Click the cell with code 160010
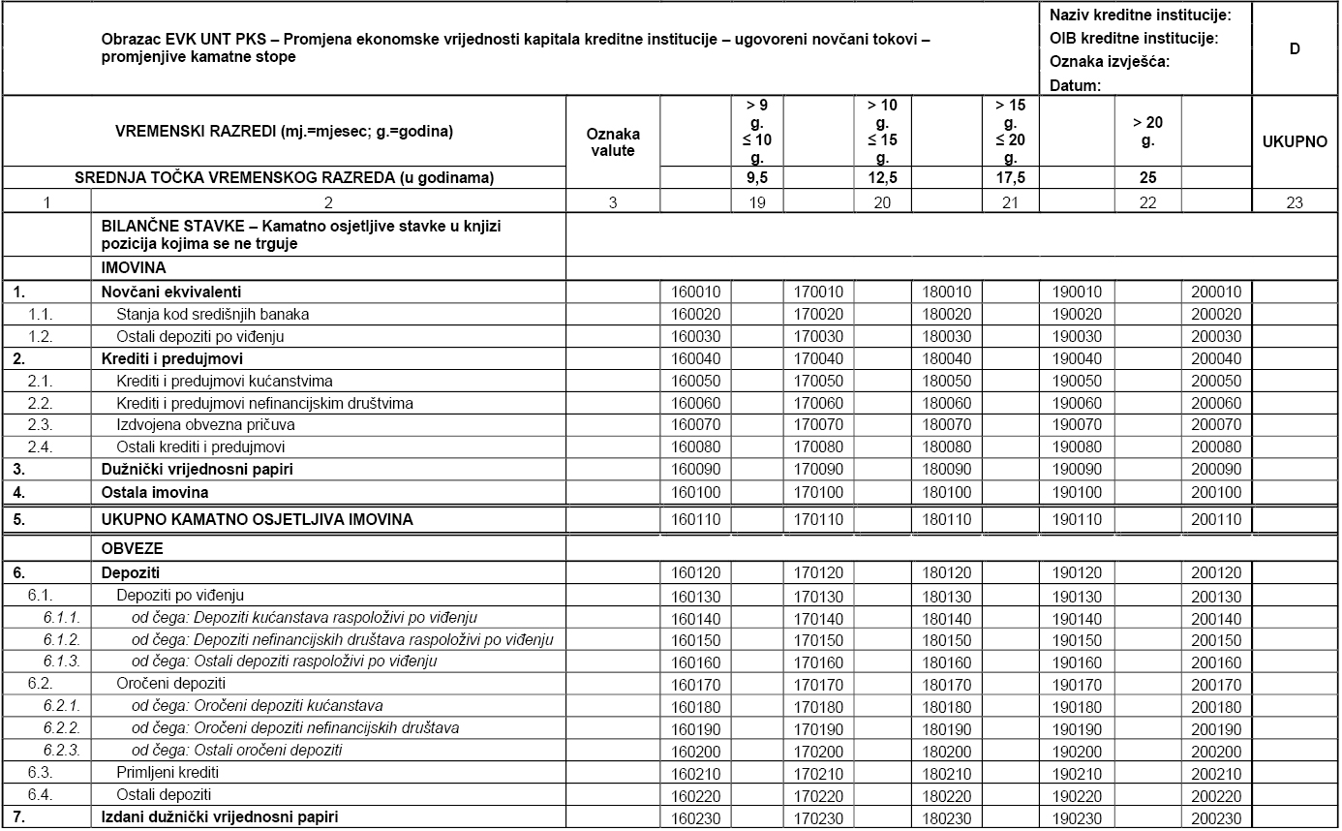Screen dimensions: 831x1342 pos(695,292)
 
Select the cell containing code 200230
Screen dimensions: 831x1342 pos(1216,817)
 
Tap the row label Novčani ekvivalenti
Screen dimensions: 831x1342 pos(171,292)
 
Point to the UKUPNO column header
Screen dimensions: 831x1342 pos(1295,141)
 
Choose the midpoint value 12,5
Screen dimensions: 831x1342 pos(882,177)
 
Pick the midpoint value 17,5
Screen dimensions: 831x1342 pos(1010,177)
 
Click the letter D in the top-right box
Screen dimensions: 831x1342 pos(1295,48)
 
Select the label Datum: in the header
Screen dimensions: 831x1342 pos(1075,85)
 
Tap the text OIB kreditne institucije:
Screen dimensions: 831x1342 pos(1133,39)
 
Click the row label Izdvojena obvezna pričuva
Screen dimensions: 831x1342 pos(200,425)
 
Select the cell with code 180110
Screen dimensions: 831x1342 pos(947,519)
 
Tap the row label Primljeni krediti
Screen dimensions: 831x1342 pos(168,773)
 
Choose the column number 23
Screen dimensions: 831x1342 pos(1295,202)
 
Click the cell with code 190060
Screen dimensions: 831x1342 pos(1075,403)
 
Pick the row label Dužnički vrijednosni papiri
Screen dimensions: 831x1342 pos(198,470)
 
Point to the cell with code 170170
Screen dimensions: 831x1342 pos(819,684)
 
